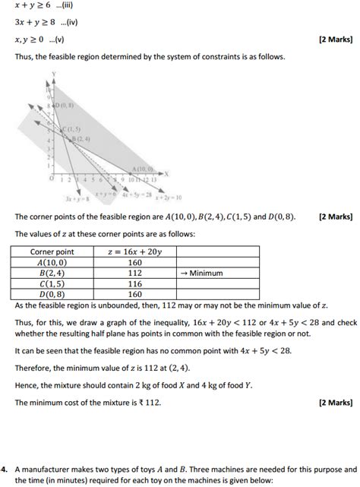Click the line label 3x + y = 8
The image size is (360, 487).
pos(78,199)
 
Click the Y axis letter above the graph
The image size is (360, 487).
pos(54,73)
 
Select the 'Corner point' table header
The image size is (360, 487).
pos(52,251)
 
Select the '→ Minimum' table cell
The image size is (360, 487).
pos(204,273)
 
